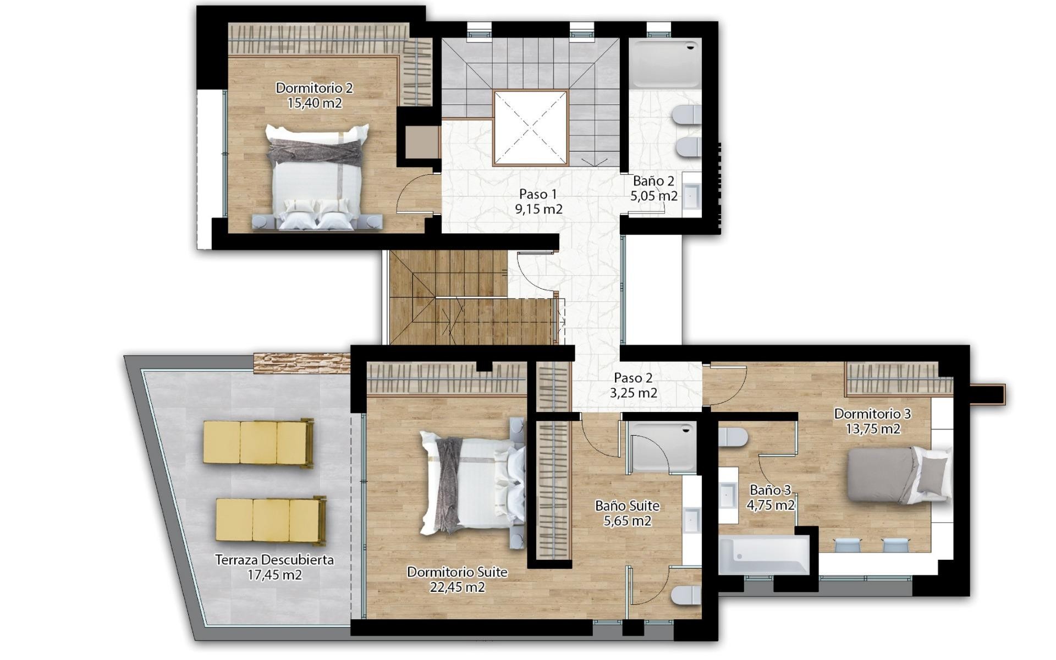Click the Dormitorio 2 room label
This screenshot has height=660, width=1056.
(x=314, y=88)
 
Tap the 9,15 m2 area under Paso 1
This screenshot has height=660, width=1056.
(x=538, y=210)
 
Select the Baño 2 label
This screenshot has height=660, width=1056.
(x=653, y=181)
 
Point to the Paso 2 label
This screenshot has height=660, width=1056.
(x=633, y=378)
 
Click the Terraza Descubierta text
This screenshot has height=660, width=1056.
(x=274, y=560)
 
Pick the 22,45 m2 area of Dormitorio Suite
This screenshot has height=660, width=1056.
(x=457, y=587)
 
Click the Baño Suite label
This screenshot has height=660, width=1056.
(x=627, y=505)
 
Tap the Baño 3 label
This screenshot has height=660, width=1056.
(x=770, y=490)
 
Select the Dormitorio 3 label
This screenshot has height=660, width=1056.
(x=872, y=414)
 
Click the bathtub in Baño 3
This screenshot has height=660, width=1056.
(x=763, y=555)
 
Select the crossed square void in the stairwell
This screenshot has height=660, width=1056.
(x=530, y=128)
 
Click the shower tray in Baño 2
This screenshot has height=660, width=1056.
(x=665, y=63)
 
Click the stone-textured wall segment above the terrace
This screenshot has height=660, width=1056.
(x=301, y=364)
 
